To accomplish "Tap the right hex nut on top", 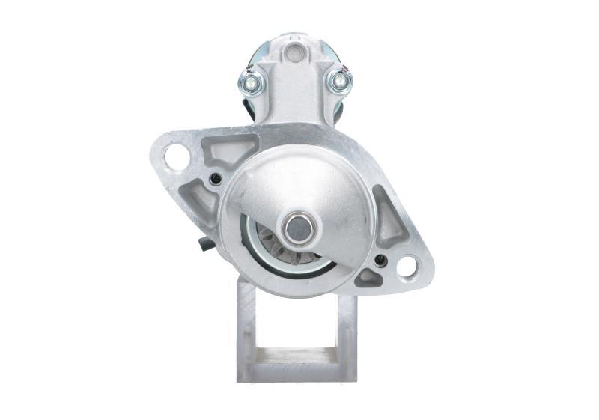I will click(x=338, y=80).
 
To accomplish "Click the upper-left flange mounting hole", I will click(x=177, y=156).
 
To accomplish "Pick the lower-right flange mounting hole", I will click(x=407, y=265).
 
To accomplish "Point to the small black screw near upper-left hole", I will click(x=216, y=178).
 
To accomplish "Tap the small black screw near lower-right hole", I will click(x=380, y=261).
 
